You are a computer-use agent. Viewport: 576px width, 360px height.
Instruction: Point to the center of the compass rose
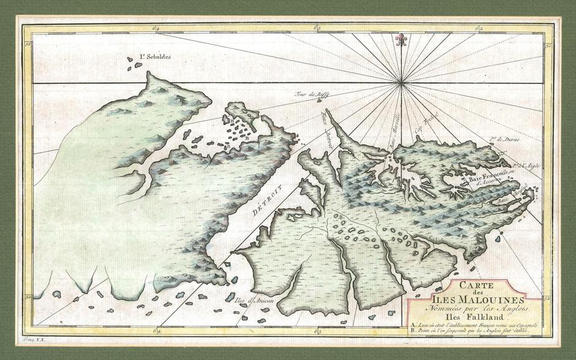401,82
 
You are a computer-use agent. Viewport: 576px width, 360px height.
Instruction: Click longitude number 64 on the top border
157,28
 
